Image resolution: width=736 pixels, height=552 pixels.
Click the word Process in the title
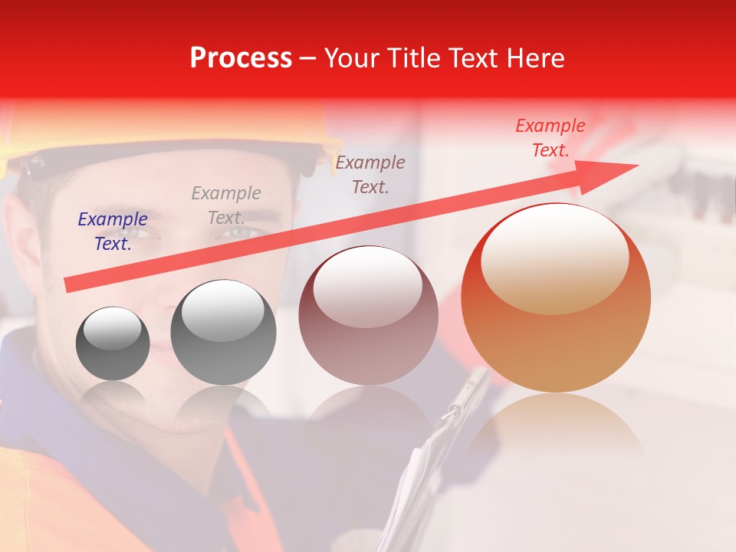click(x=241, y=58)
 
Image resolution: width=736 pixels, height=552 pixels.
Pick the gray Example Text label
click(x=226, y=205)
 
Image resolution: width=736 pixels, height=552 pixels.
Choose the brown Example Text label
click(x=370, y=174)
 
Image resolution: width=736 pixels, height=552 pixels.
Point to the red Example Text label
click(x=550, y=138)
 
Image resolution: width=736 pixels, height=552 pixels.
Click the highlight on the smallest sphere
click(x=113, y=328)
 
